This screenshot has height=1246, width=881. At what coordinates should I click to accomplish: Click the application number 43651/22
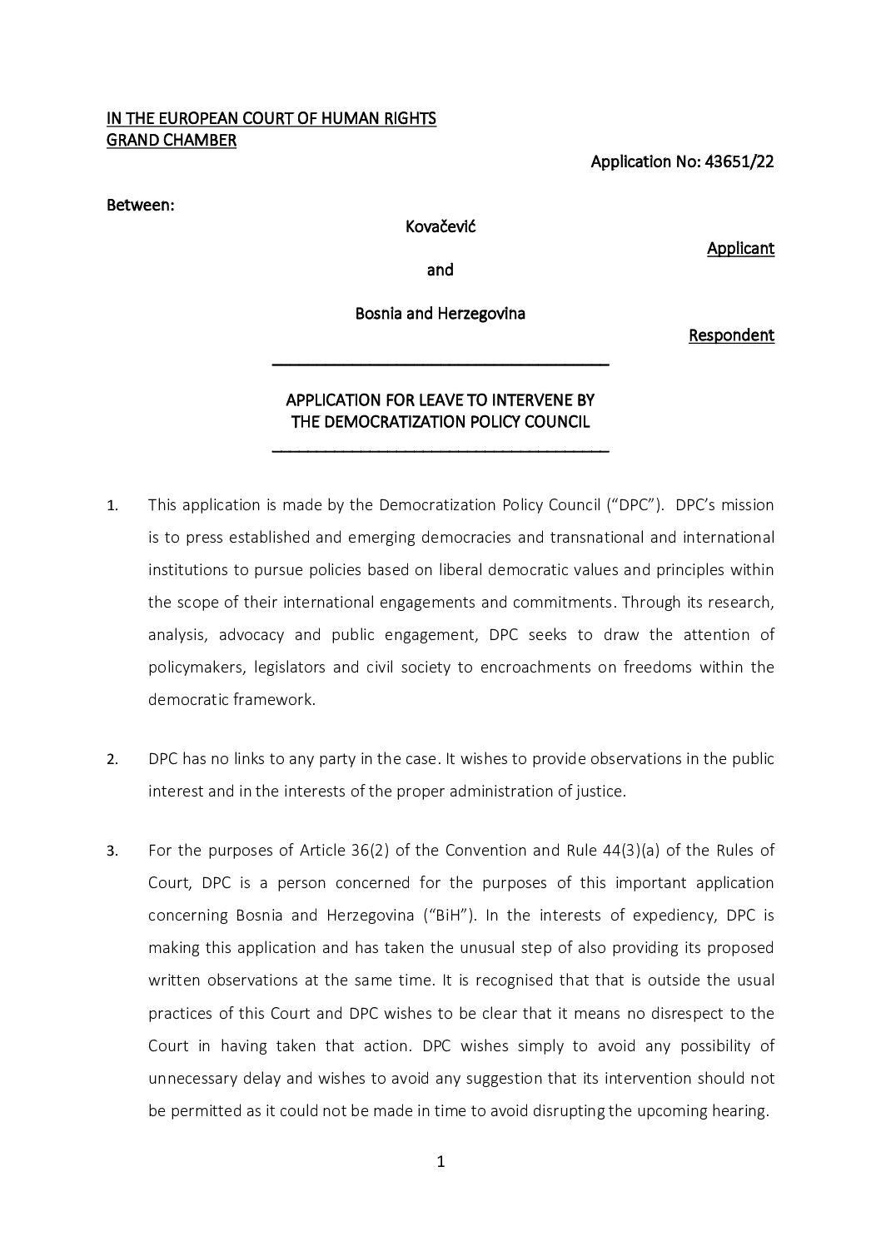click(740, 162)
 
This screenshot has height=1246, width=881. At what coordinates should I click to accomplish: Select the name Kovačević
click(440, 226)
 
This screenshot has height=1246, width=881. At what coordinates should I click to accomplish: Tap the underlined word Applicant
click(740, 248)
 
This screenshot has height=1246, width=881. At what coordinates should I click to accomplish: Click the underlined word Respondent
click(731, 335)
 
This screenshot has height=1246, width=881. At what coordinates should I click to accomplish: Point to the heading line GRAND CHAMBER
click(172, 141)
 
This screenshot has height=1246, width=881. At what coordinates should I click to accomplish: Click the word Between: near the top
click(141, 205)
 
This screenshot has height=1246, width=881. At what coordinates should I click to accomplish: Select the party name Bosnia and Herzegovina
click(440, 314)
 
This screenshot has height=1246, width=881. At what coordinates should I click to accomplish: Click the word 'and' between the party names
click(440, 270)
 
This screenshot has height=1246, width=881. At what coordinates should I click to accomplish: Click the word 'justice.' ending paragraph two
click(601, 792)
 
